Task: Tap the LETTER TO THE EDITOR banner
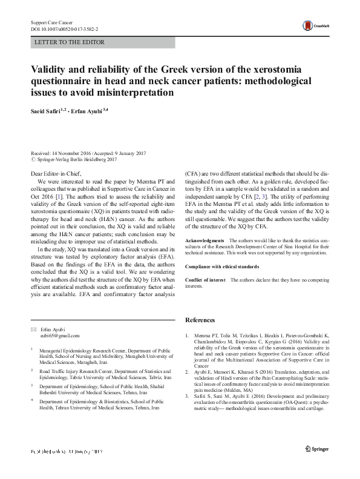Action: [70, 42]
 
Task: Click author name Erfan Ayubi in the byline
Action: [88, 111]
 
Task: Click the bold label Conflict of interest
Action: [204, 280]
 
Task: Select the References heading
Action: [200, 320]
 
